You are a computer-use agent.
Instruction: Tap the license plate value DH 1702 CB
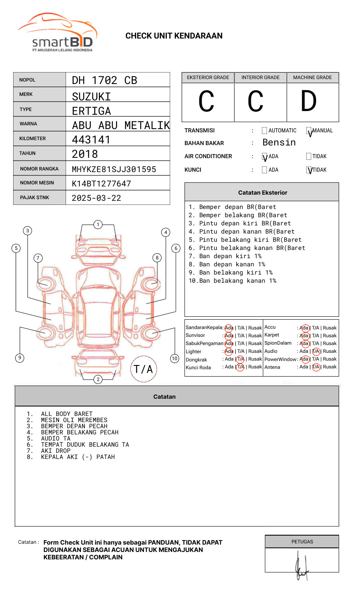105,80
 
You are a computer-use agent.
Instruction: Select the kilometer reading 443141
91,140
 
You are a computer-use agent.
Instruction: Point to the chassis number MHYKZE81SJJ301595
114,169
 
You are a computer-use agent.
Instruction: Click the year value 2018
85,154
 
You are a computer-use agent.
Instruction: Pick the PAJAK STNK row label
34,198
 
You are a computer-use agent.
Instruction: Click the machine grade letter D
309,102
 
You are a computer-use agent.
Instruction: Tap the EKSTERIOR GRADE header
208,77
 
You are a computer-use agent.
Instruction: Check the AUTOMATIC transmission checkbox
264,131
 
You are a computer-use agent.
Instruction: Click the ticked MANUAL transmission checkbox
309,131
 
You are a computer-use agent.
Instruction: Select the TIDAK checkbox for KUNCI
309,170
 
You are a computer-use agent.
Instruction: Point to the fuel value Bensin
279,143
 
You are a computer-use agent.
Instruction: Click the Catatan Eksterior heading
262,193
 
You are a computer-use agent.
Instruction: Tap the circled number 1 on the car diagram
98,225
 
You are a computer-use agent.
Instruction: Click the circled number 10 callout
175,359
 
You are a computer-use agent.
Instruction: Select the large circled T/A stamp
144,369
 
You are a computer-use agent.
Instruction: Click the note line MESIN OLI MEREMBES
74,420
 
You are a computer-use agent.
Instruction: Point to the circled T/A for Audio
316,351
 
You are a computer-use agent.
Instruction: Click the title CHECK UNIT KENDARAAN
174,36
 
